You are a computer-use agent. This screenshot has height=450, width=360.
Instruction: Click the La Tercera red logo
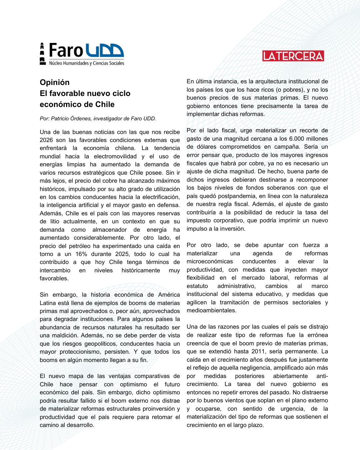point(293,56)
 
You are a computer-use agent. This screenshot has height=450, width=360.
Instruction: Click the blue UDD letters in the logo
point(105,51)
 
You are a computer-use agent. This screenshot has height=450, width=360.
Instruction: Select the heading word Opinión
point(55,82)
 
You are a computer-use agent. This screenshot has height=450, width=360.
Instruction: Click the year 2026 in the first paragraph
point(46,140)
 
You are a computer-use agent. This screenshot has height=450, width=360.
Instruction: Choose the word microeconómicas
point(210,261)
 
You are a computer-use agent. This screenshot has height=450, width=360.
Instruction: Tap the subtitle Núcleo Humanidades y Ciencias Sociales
point(87,63)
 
